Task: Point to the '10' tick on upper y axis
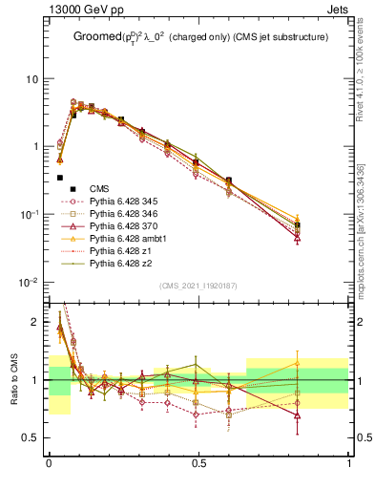tap(32, 78)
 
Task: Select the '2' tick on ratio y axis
tap(36, 322)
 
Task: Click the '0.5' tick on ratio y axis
tap(32, 437)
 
